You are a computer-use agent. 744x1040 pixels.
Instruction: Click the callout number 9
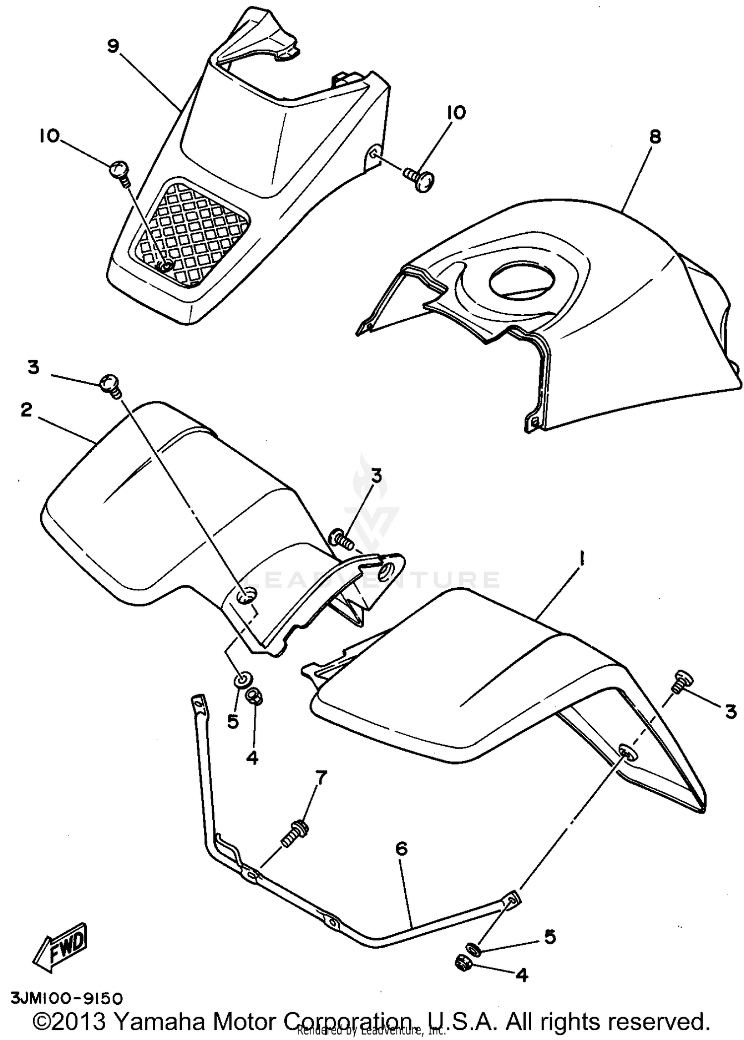[113, 46]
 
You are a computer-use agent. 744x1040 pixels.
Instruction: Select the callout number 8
[655, 137]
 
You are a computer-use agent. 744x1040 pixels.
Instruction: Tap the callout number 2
[26, 410]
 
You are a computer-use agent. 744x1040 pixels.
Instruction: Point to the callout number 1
[581, 560]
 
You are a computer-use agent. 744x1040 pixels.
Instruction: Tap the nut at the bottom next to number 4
[463, 963]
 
